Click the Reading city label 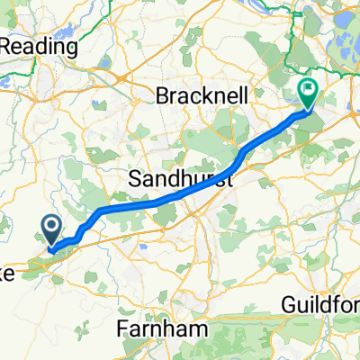point(40,46)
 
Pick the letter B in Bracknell point(162,94)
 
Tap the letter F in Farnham point(124,330)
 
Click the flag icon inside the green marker point(308,89)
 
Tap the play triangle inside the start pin point(51,226)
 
